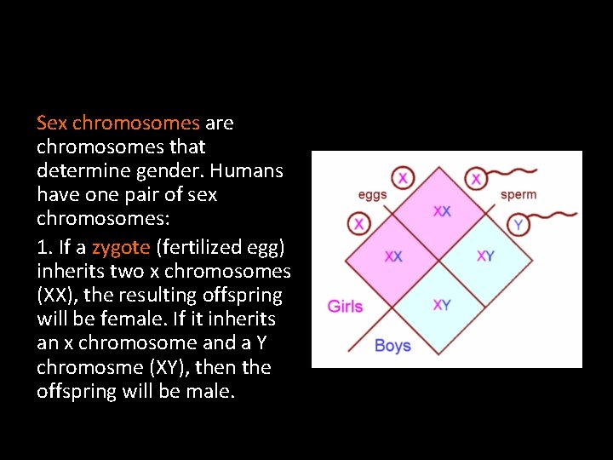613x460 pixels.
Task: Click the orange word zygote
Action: (x=120, y=248)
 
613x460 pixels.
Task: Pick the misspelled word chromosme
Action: (x=90, y=367)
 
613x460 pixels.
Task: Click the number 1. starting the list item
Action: (x=44, y=248)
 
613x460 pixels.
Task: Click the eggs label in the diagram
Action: (x=372, y=194)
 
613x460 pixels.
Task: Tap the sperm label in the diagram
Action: (x=518, y=194)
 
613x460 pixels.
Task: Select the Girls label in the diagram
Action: (x=345, y=307)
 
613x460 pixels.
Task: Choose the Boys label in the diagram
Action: (x=392, y=346)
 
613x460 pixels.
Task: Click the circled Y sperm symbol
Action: (x=518, y=224)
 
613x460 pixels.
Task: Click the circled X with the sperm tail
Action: (x=476, y=179)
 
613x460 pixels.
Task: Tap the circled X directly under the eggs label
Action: (x=359, y=224)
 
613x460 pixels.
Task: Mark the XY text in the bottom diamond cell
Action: (x=442, y=305)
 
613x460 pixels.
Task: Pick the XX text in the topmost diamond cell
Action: (x=442, y=211)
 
